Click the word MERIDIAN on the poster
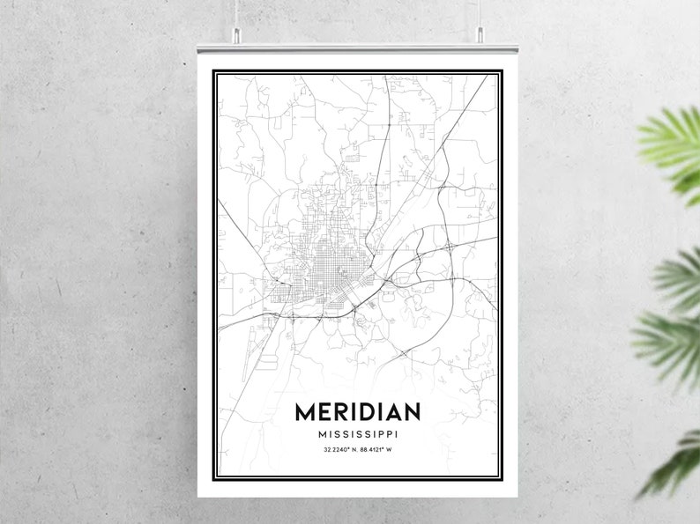357,412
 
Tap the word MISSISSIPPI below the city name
357,434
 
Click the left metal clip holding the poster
237,36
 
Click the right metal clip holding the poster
481,36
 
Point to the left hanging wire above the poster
237,13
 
